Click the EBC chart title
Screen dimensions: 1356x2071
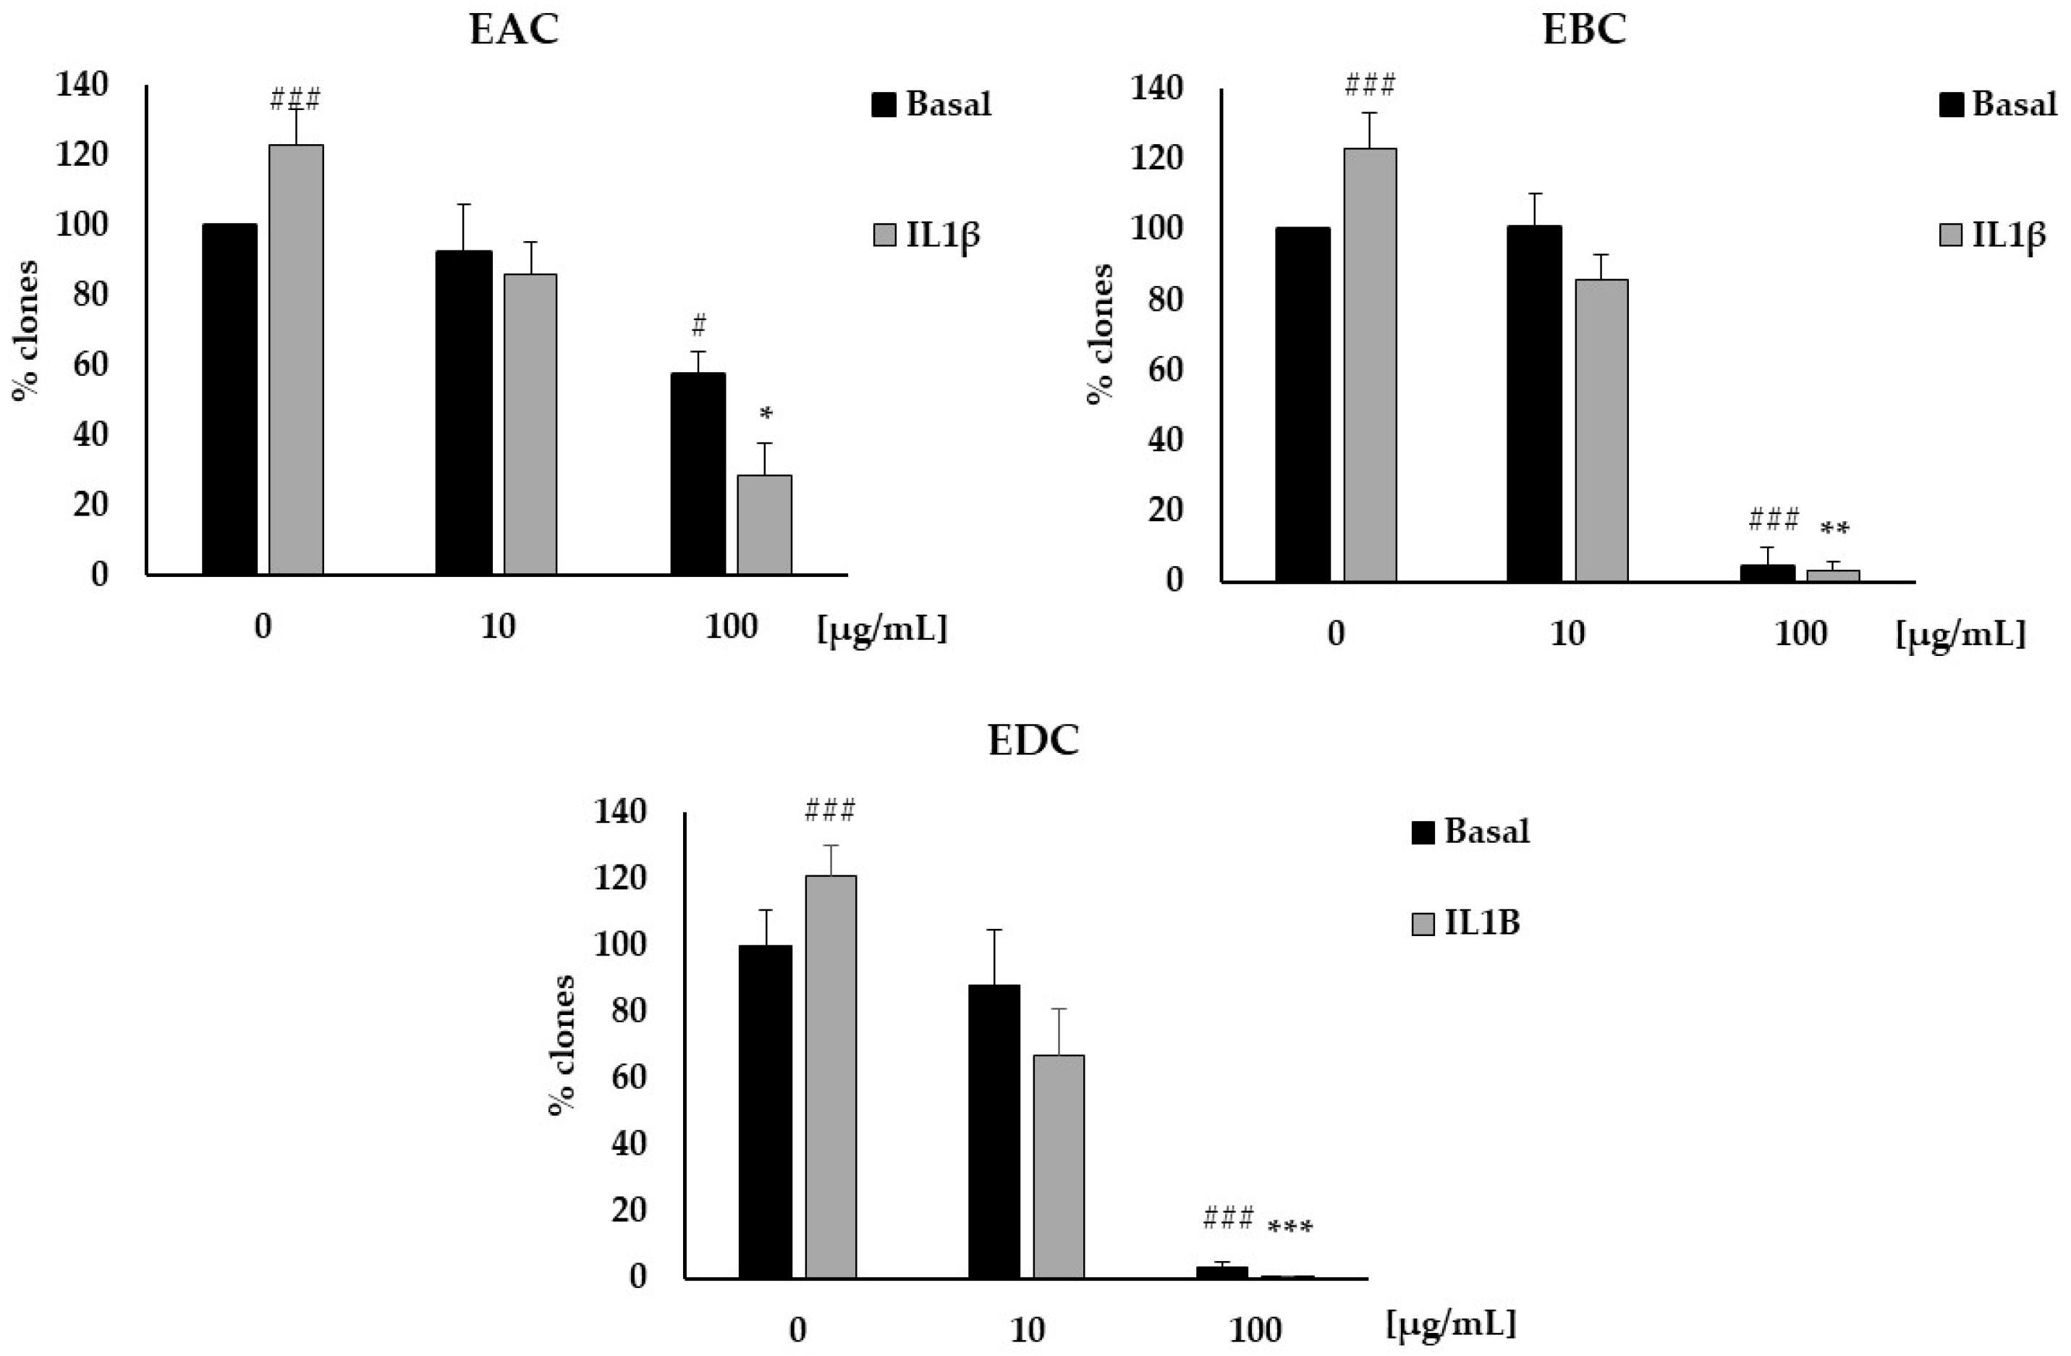tap(1584, 30)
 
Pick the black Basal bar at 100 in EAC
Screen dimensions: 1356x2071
tap(698, 473)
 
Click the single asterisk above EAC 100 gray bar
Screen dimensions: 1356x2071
tap(766, 414)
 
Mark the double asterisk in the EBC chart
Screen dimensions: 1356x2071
tap(1834, 529)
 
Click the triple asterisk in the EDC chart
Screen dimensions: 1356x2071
tap(1289, 1228)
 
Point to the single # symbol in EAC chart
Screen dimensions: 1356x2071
tap(698, 327)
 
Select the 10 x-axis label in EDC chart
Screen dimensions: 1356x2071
tap(1027, 1330)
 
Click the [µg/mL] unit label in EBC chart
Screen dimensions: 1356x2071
tap(1960, 633)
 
